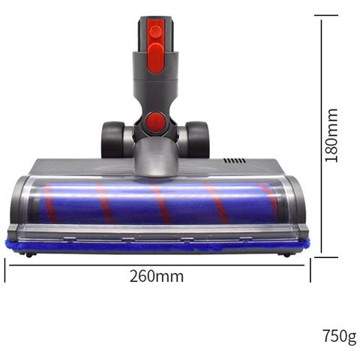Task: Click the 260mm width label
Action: [157, 276]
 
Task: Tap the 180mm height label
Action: [331, 135]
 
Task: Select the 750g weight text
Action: [339, 335]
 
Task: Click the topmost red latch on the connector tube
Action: [154, 31]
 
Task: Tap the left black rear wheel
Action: [112, 139]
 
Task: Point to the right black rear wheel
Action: [198, 139]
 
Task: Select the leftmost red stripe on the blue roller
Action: [50, 202]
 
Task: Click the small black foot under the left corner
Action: [28, 254]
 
